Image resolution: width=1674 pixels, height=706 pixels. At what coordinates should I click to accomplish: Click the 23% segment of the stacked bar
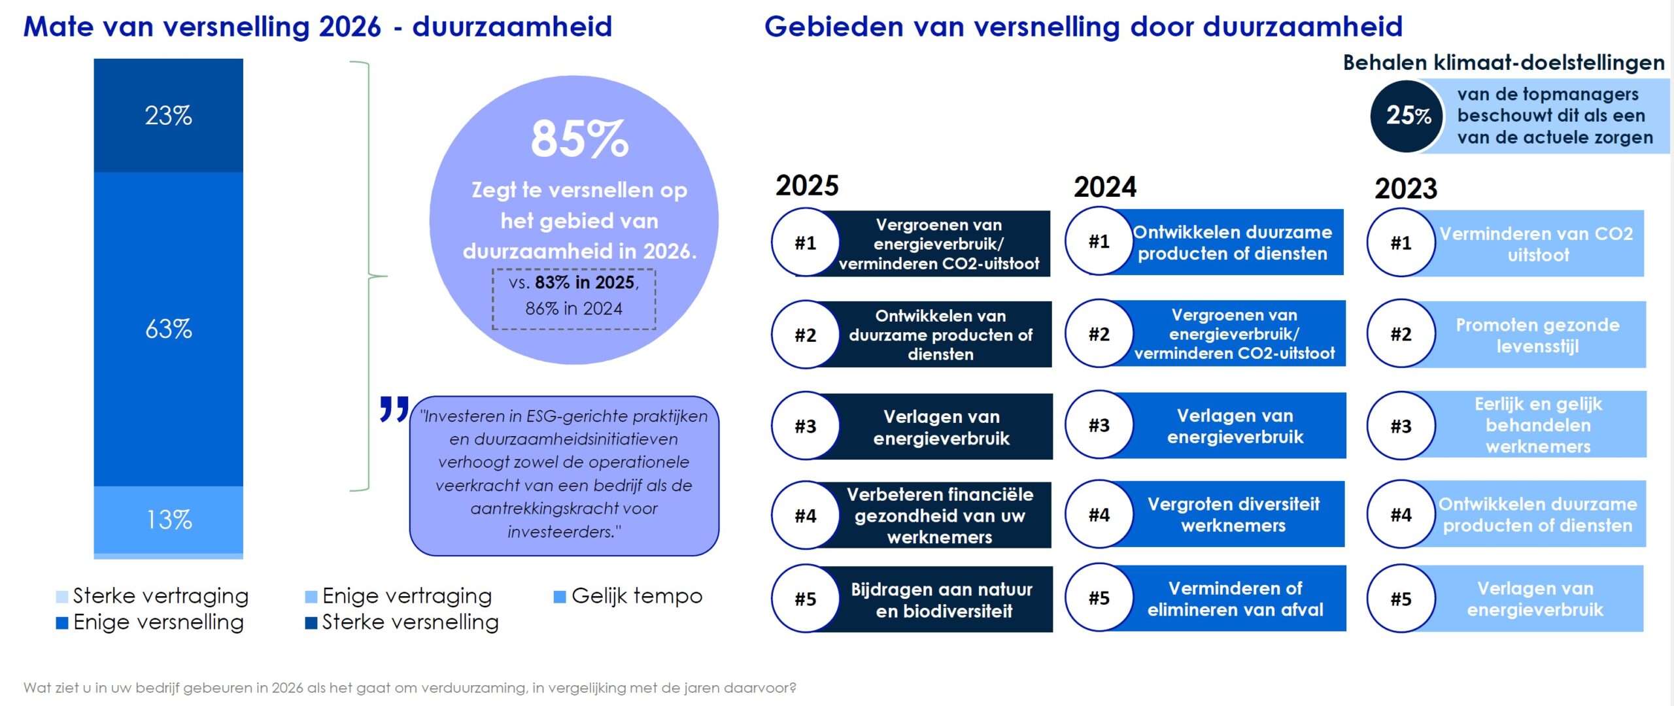coord(168,116)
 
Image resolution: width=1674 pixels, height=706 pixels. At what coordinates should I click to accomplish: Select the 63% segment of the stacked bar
coord(168,329)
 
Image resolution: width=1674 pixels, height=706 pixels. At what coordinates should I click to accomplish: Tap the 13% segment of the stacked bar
coord(168,520)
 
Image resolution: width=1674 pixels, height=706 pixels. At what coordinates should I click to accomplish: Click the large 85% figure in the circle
coord(579,139)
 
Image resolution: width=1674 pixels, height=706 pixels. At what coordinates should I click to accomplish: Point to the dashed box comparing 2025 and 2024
coord(573,299)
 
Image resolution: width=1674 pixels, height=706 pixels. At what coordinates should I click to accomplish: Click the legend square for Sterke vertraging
coord(62,597)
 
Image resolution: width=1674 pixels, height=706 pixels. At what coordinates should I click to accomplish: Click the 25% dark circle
coord(1407,116)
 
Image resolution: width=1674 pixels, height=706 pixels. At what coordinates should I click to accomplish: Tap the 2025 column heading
coord(807,186)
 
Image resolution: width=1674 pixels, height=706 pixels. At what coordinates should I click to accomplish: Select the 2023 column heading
coord(1406,189)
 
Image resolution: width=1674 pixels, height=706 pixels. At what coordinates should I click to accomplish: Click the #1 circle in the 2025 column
coord(806,243)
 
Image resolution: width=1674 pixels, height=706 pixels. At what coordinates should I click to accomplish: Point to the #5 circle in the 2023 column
coord(1401,599)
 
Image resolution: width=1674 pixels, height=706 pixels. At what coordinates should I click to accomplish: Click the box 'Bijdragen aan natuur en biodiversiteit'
coord(942,599)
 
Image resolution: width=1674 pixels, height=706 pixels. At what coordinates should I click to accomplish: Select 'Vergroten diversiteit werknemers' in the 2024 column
coord(1233,514)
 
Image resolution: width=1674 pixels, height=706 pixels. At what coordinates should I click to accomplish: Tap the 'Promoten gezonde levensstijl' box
coord(1537,335)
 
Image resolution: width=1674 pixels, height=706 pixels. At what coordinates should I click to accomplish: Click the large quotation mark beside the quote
coord(394,409)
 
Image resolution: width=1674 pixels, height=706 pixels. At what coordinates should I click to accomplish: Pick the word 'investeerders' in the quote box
coord(561,532)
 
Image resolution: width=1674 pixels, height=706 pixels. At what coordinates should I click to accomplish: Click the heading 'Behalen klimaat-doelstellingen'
coord(1503,63)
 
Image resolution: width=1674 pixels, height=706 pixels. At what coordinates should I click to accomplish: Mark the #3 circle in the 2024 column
coord(1099,426)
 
